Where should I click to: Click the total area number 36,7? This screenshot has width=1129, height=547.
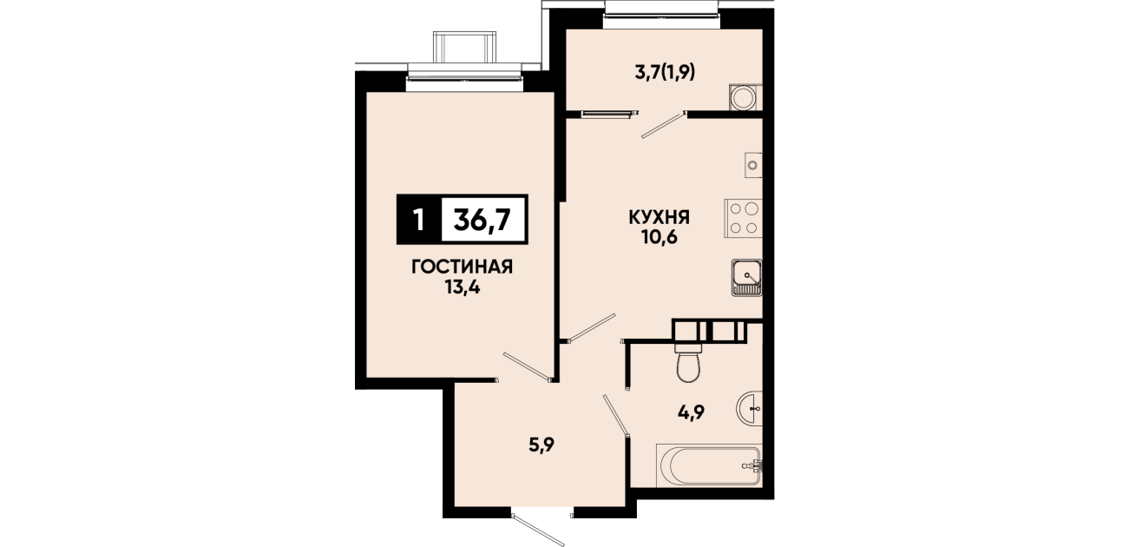[x=482, y=220]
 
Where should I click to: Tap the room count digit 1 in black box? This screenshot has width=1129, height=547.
[x=417, y=221]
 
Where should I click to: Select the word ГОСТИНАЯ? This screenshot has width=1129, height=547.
[x=463, y=267]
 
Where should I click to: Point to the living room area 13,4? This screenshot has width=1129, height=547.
[x=463, y=287]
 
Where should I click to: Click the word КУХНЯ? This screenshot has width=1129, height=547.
[x=660, y=218]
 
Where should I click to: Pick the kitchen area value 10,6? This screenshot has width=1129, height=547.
[x=660, y=237]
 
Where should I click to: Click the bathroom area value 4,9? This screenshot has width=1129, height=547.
[x=691, y=413]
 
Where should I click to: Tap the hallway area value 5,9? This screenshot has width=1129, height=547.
[x=542, y=445]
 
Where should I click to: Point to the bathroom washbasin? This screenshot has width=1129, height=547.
[x=750, y=408]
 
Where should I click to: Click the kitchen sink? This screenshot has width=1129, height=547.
[x=746, y=278]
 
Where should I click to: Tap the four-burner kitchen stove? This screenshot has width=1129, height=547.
[x=744, y=218]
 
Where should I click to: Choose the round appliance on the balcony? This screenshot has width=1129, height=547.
[x=745, y=97]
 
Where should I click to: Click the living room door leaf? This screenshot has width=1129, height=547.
[x=526, y=366]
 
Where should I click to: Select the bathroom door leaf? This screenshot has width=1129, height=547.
[x=615, y=415]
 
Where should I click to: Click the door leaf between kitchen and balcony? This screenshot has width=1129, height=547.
[x=663, y=124]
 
